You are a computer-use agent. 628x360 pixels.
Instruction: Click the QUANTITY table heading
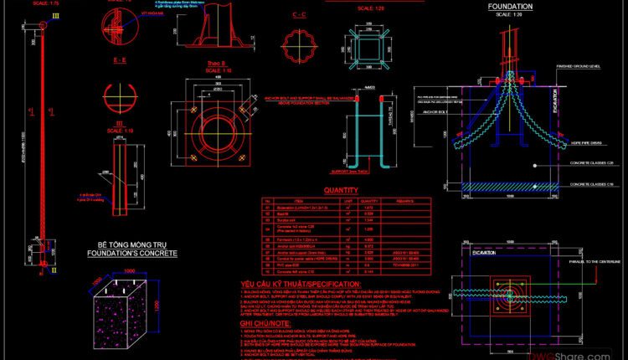click(x=342, y=191)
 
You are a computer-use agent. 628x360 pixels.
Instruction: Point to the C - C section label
click(x=299, y=16)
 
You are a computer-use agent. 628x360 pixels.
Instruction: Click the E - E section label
click(x=118, y=62)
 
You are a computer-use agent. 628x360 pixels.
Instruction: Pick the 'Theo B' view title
click(x=206, y=63)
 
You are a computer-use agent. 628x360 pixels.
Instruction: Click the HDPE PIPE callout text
click(x=574, y=142)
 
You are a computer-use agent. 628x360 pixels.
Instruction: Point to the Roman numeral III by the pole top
click(x=33, y=16)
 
